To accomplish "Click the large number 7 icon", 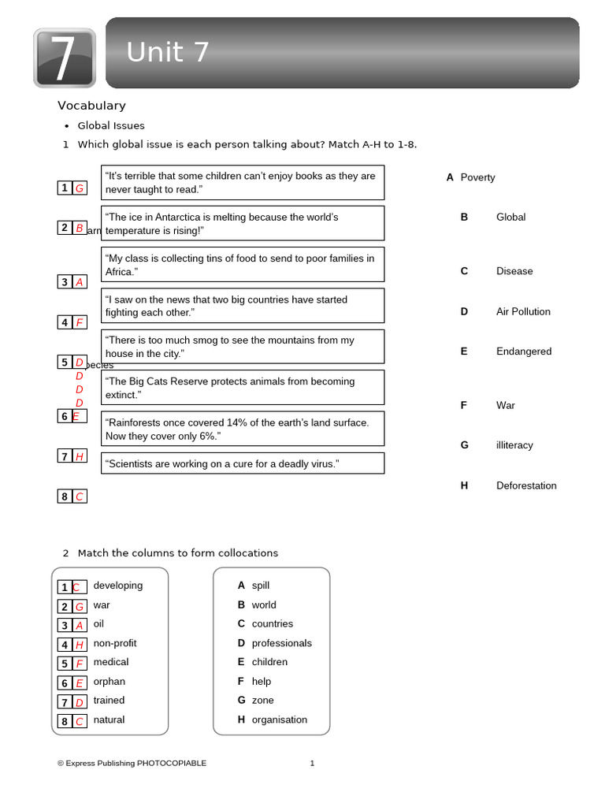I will (65, 58).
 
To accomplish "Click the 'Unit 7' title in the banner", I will (168, 53).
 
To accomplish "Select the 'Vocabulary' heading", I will (91, 106).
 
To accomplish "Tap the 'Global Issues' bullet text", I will (111, 126).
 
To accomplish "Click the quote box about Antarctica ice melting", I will (243, 223).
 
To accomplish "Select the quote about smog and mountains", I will (243, 347).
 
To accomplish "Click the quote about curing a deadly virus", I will (243, 463).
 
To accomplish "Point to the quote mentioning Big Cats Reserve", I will (243, 387).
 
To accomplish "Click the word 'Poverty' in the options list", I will (477, 178).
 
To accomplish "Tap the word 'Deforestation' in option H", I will (526, 485).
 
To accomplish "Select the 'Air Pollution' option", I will (523, 311).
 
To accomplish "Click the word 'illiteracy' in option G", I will (514, 445).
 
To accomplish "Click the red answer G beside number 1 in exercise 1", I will (80, 188).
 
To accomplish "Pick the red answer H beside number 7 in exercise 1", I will (80, 456).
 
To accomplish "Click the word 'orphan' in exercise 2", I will (109, 682).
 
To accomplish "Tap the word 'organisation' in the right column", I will (280, 720).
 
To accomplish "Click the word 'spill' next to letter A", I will (261, 586).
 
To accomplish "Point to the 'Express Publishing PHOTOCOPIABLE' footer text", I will (132, 763).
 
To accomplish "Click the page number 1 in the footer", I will (312, 763).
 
